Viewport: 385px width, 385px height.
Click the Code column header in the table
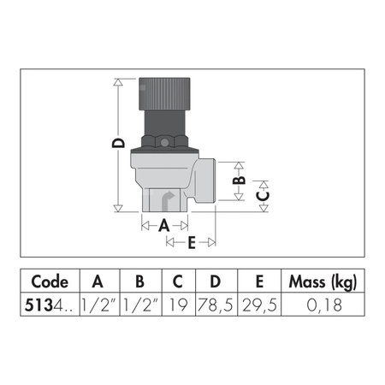(x=50, y=282)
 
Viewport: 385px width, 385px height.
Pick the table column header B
(x=139, y=282)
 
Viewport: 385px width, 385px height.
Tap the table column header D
(x=215, y=282)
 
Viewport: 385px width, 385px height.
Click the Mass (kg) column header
(x=322, y=282)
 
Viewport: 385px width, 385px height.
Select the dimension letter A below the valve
(x=164, y=225)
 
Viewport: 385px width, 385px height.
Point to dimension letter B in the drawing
(x=240, y=179)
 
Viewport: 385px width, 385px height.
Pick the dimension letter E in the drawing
(x=191, y=243)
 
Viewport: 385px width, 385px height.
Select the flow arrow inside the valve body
(x=168, y=199)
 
